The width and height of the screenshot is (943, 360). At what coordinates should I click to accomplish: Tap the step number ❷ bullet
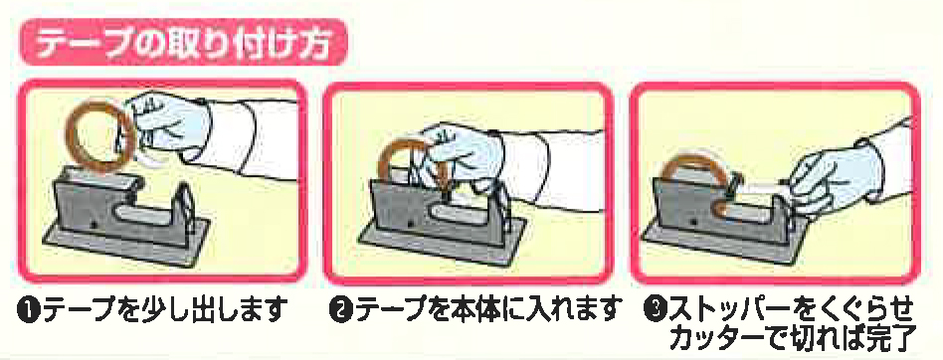[x=340, y=311]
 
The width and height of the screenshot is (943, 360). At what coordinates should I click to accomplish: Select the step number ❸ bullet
[x=654, y=311]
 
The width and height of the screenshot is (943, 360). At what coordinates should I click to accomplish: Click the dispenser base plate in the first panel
[x=126, y=241]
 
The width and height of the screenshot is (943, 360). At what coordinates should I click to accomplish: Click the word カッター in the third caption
[x=715, y=338]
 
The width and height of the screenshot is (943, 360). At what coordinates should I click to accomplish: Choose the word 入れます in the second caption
[x=571, y=311]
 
